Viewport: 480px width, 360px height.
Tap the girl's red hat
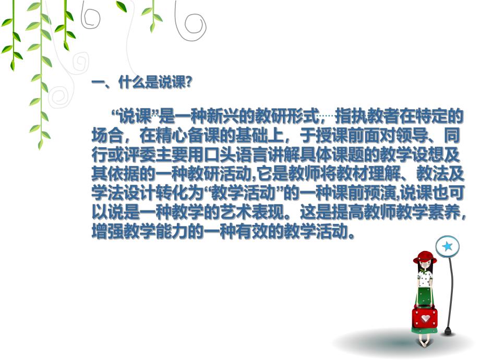pos(425,257)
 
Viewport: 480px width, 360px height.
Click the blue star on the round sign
pos(447,245)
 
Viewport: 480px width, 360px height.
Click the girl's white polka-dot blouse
pos(425,279)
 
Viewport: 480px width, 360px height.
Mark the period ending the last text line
pos(352,234)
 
